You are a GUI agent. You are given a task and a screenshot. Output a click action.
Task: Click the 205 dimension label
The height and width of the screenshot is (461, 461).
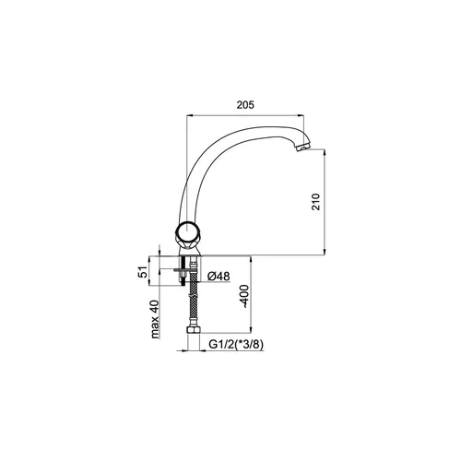pyautogui.click(x=245, y=105)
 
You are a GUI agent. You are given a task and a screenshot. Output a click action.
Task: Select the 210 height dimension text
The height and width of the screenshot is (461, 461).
pyautogui.click(x=315, y=202)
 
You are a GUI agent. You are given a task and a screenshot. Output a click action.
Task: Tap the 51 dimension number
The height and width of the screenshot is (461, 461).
pyautogui.click(x=143, y=272)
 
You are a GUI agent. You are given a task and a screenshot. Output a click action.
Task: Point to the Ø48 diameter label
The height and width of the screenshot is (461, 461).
pyautogui.click(x=219, y=277)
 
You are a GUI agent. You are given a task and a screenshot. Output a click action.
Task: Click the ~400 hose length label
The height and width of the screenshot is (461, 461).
pyautogui.click(x=244, y=296)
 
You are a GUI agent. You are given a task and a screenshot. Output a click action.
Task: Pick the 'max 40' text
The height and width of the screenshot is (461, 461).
pyautogui.click(x=155, y=319)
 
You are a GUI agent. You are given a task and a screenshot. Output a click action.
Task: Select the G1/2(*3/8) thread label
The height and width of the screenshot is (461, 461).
pyautogui.click(x=236, y=345)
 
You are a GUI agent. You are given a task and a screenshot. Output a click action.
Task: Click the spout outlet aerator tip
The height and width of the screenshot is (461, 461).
pyautogui.click(x=302, y=148)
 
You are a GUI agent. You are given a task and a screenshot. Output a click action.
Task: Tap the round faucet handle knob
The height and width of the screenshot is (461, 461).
pyautogui.click(x=186, y=230)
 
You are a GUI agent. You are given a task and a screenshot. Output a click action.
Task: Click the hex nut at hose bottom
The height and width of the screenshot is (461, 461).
pyautogui.click(x=194, y=330)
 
